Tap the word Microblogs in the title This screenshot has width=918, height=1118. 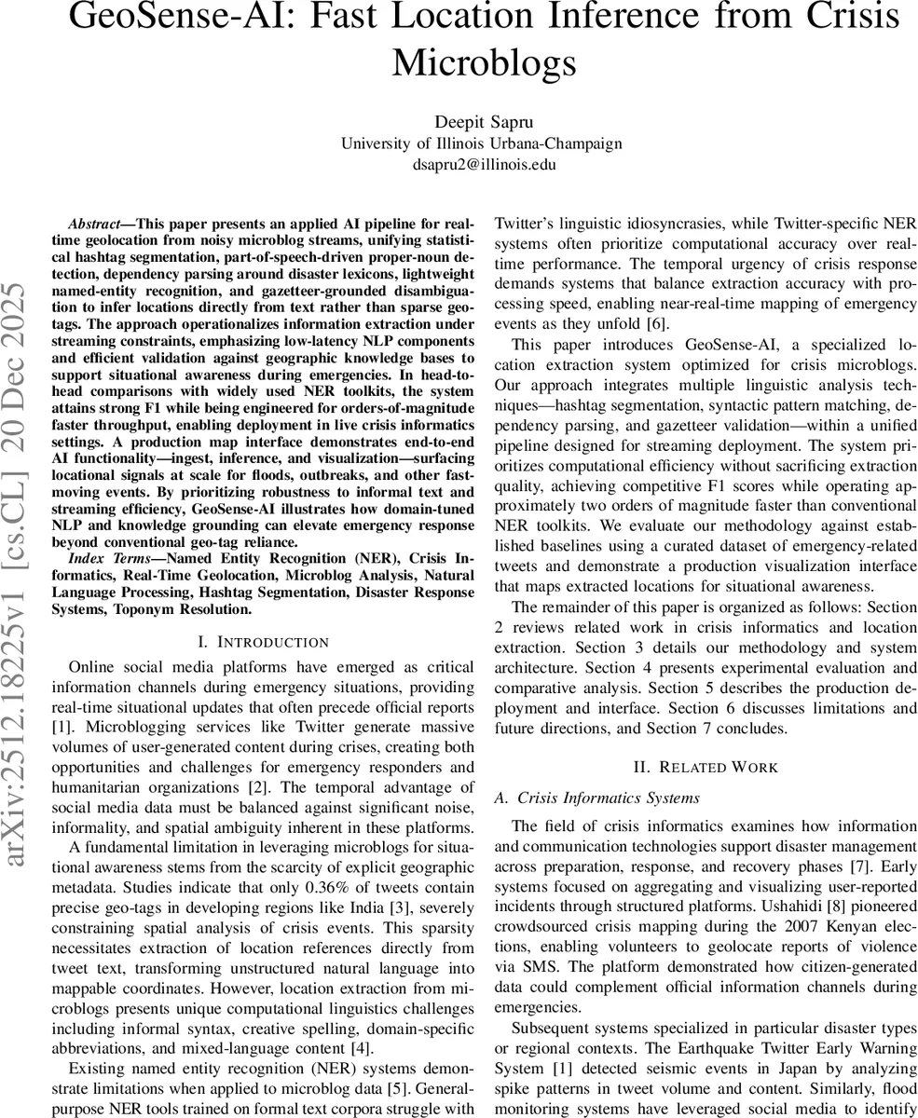[484, 61]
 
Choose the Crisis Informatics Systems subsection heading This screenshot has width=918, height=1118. [607, 798]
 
